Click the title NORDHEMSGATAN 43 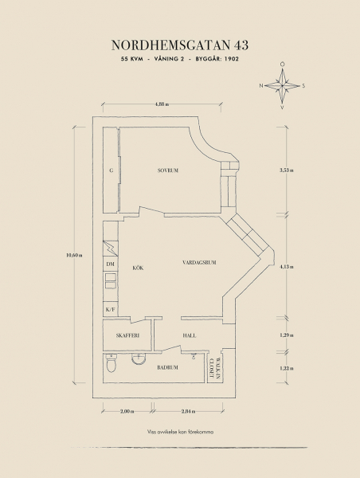pyautogui.click(x=180, y=45)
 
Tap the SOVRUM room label pyautogui.click(x=167, y=170)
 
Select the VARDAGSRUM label pyautogui.click(x=199, y=262)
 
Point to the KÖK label pyautogui.click(x=138, y=268)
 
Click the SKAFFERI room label pyautogui.click(x=127, y=335)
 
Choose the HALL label pyautogui.click(x=190, y=335)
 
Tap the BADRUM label pyautogui.click(x=167, y=367)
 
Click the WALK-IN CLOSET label pyautogui.click(x=215, y=369)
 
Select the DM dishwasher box pyautogui.click(x=111, y=264)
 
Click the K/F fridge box pyautogui.click(x=111, y=309)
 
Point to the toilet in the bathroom pyautogui.click(x=112, y=363)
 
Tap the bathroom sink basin pyautogui.click(x=139, y=358)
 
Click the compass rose pyautogui.click(x=282, y=86)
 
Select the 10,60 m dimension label pyautogui.click(x=74, y=255)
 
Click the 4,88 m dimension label pyautogui.click(x=162, y=104)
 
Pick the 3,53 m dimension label pyautogui.click(x=287, y=170)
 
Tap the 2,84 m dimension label pyautogui.click(x=188, y=411)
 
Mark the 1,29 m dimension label pyautogui.click(x=287, y=335)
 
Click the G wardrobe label pyautogui.click(x=112, y=170)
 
